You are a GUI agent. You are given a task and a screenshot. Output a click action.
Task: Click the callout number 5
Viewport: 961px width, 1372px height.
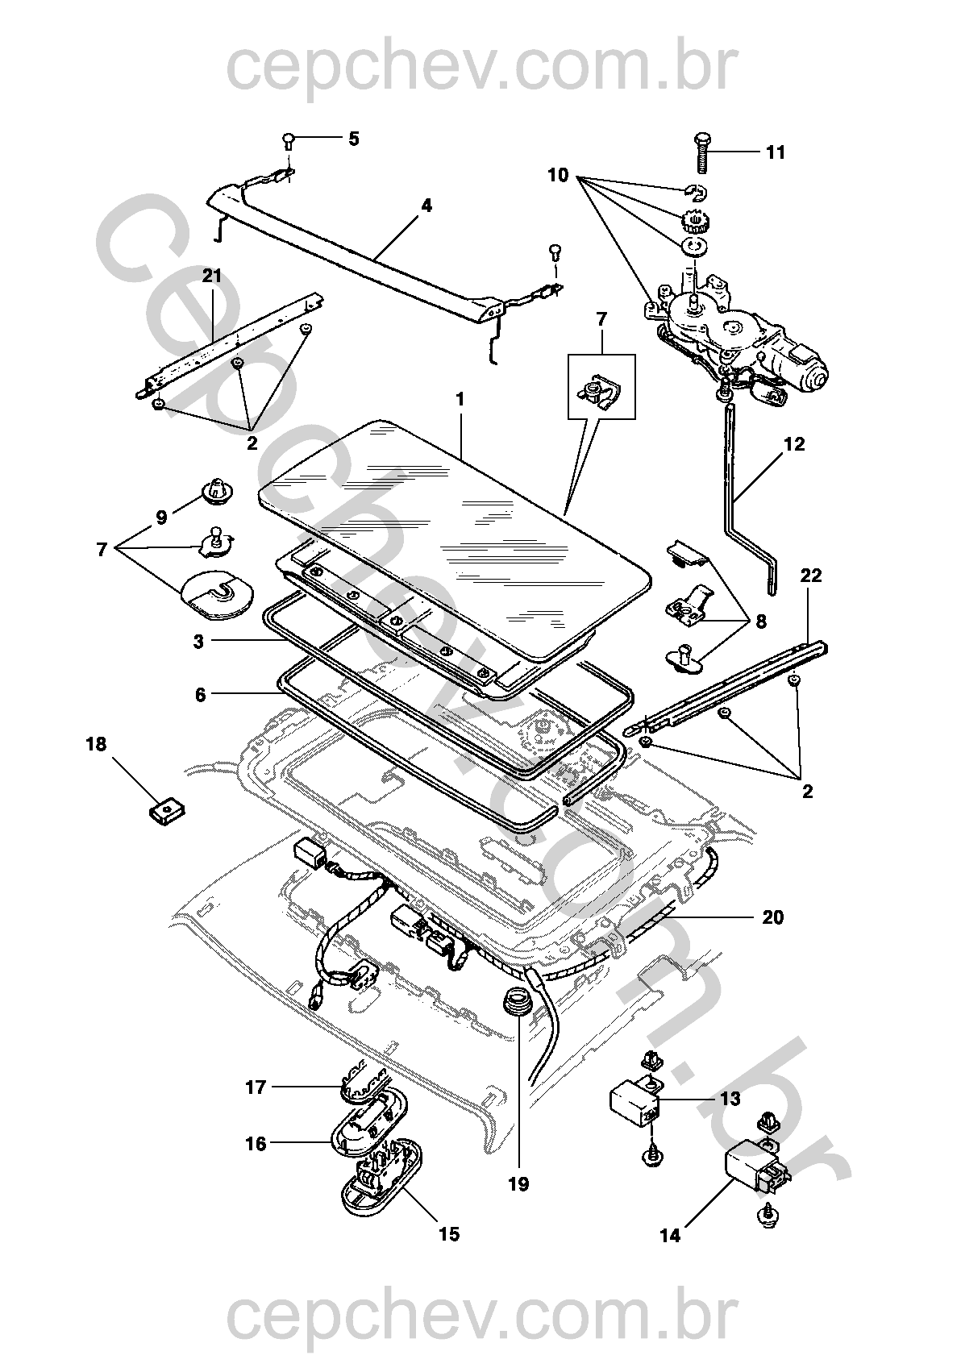pos(353,139)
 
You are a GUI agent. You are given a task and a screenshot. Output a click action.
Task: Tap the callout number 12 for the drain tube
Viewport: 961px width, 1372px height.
pos(793,444)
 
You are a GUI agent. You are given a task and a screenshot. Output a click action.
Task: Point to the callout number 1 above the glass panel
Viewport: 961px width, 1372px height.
pos(460,399)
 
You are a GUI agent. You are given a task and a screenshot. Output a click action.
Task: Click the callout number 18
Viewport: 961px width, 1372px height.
pos(96,744)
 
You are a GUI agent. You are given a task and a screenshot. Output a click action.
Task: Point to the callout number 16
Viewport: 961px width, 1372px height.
pos(256,1143)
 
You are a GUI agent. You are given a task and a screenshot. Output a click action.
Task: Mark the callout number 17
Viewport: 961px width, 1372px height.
pos(256,1087)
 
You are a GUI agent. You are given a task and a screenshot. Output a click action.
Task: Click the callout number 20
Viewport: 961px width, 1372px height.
pos(772,917)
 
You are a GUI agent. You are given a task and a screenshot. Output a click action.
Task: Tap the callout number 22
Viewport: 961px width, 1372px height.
pos(810,576)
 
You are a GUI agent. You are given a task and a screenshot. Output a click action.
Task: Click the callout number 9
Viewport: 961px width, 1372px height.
pos(161,517)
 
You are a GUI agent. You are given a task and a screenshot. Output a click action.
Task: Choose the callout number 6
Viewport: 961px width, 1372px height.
pos(200,694)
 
